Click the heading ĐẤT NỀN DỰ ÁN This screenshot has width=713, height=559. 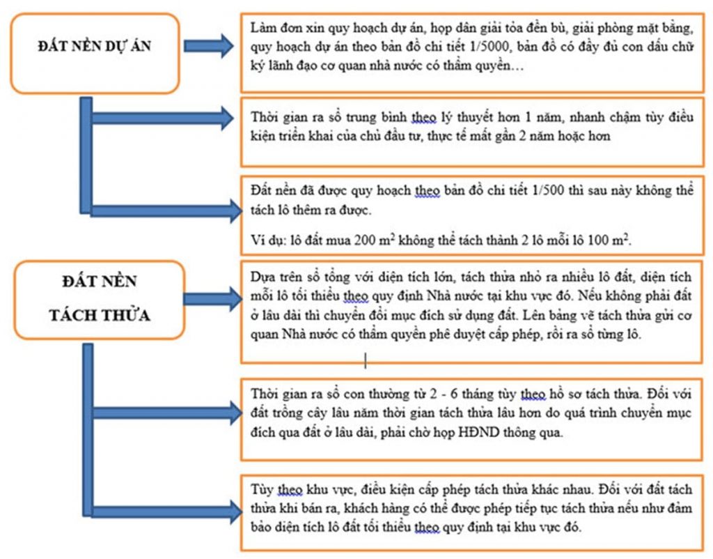coord(95,46)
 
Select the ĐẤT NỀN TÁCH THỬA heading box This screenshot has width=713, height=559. coord(100,300)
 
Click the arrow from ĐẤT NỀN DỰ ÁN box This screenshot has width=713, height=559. coord(209,45)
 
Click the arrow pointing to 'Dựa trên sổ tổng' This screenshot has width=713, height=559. coord(213,298)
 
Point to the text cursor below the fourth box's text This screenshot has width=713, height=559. coord(366,360)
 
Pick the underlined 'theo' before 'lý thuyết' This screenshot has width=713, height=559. coord(424,117)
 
